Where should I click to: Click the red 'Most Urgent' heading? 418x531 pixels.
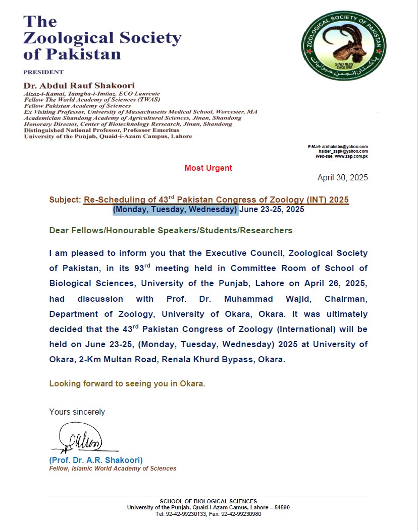(x=208, y=168)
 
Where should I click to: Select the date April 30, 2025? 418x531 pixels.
(x=342, y=178)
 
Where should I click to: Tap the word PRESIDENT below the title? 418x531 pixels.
(x=43, y=72)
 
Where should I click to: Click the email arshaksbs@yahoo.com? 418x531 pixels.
(x=346, y=147)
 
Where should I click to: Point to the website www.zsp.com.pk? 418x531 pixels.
(x=350, y=157)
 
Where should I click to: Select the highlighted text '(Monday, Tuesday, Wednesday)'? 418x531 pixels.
(x=175, y=210)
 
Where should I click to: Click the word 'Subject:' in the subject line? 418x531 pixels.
(x=65, y=200)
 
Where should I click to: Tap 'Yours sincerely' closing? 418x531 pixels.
(x=77, y=412)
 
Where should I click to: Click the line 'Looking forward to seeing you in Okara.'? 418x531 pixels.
(x=127, y=383)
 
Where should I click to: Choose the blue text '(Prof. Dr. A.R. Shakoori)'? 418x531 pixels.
(x=96, y=460)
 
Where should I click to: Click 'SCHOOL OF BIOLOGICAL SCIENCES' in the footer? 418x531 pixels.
(x=208, y=501)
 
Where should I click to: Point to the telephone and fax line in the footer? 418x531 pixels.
(x=208, y=514)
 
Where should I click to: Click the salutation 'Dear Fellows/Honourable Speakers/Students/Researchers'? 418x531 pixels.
(x=171, y=230)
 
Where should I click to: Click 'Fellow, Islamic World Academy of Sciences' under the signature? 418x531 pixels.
(x=113, y=469)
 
